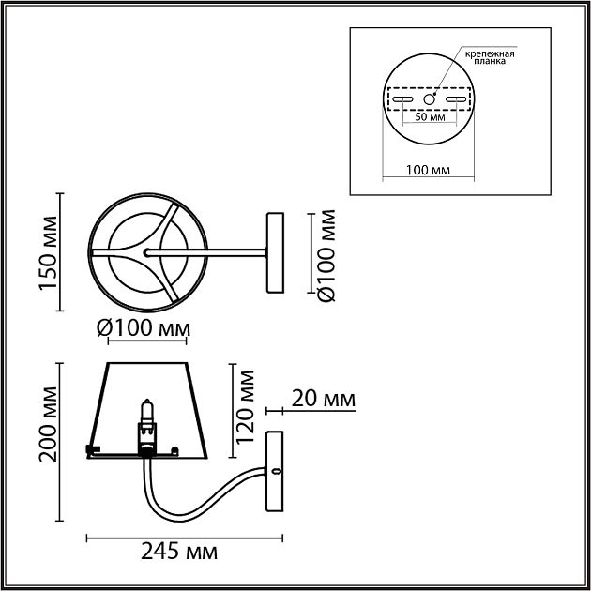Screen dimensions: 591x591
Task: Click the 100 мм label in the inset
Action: point(430,170)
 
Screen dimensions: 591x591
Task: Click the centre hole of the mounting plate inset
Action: point(430,98)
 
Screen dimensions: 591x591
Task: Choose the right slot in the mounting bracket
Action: point(457,98)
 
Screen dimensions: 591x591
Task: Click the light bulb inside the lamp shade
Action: point(145,414)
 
